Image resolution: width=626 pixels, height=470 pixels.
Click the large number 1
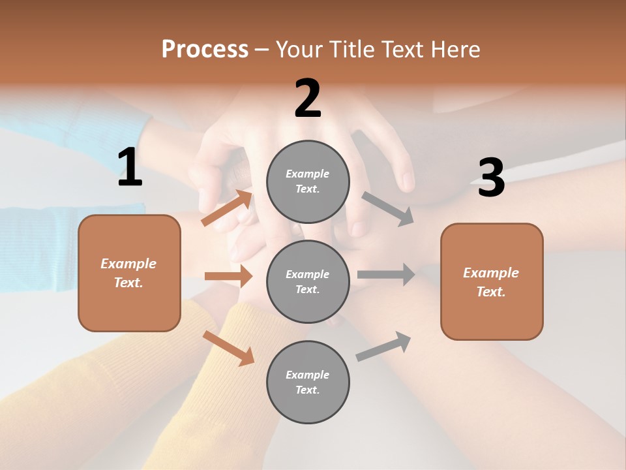[130, 168]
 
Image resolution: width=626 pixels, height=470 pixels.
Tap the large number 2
[308, 99]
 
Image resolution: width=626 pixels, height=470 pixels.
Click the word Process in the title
[205, 49]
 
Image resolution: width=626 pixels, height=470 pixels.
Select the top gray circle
[308, 181]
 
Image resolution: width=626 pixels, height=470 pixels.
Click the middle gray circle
[308, 281]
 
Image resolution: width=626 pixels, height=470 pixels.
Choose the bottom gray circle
[308, 382]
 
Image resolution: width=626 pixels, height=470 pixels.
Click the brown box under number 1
[129, 273]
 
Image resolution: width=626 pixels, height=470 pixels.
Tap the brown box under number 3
[492, 281]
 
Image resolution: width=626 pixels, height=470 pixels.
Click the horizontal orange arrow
[228, 276]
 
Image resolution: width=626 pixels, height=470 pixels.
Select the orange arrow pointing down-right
[228, 348]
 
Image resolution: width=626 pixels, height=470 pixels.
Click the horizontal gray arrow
[386, 274]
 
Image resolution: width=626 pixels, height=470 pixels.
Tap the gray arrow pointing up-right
[383, 347]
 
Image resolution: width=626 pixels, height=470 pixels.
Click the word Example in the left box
[128, 264]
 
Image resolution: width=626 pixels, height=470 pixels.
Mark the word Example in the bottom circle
[307, 375]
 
